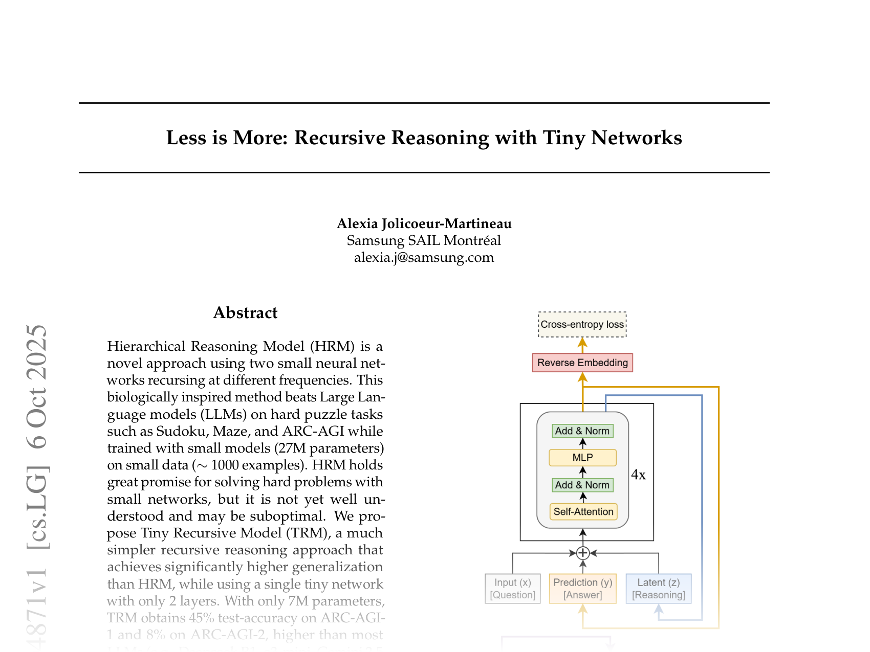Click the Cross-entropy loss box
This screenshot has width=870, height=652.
582,325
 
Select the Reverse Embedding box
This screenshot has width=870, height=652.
582,363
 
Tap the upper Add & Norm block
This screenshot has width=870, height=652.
582,431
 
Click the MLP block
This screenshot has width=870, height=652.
582,458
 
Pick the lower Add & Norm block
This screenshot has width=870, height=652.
582,485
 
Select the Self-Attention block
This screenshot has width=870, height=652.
583,512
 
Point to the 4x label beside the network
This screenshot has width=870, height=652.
638,475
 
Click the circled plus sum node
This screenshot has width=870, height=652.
582,553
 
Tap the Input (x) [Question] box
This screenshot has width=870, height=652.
513,589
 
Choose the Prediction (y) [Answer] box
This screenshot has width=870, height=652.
582,589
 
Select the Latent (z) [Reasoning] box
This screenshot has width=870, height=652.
659,589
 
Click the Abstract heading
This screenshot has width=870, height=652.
245,313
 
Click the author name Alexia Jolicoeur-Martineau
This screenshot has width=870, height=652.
424,224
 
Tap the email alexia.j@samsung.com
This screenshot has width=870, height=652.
424,257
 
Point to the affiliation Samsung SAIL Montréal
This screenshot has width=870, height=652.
424,240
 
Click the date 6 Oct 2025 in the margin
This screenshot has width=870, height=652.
38,386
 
